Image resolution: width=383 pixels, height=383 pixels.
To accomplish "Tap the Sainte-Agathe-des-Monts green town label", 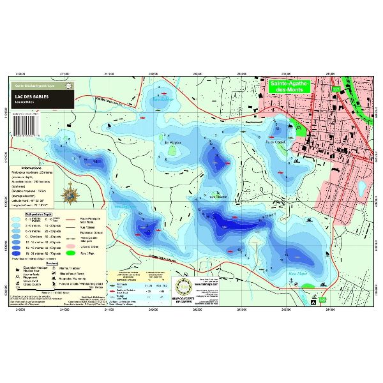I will pyautogui.click(x=289, y=87).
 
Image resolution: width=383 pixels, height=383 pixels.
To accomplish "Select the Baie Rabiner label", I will pyautogui.click(x=163, y=100).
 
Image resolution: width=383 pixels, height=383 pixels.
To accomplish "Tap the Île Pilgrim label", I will pyautogui.click(x=174, y=143).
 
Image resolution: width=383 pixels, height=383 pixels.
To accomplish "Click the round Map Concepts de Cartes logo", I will pyautogui.click(x=183, y=289).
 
